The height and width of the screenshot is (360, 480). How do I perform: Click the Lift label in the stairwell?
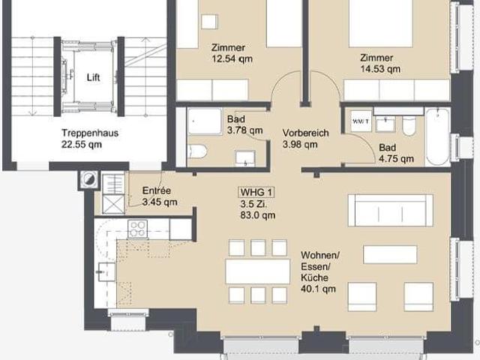(93, 77)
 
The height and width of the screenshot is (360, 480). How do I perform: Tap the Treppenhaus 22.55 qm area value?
(82, 144)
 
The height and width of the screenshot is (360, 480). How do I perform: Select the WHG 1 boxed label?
(256, 192)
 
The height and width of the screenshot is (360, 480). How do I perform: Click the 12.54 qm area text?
(232, 58)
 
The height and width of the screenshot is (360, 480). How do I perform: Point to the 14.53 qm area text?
(380, 69)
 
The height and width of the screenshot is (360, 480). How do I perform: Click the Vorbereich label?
(305, 133)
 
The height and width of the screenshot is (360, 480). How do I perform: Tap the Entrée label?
(157, 190)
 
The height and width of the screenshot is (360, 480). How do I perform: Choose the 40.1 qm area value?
(318, 289)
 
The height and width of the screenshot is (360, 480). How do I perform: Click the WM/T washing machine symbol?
(361, 121)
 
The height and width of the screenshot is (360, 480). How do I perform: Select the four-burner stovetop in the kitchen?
(138, 229)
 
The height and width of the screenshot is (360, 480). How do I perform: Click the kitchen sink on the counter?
(106, 271)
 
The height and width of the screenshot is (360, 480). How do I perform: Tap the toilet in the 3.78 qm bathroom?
(197, 151)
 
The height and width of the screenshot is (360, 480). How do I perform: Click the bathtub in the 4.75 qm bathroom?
(437, 136)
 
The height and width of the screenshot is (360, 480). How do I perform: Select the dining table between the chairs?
(258, 271)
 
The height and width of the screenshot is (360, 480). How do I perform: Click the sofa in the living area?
(391, 210)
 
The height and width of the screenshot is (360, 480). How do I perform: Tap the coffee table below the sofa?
(390, 254)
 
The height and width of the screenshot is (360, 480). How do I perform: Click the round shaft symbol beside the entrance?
(88, 179)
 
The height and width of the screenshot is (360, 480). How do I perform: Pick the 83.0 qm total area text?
(258, 215)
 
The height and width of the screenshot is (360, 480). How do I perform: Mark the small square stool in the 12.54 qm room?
(210, 22)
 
